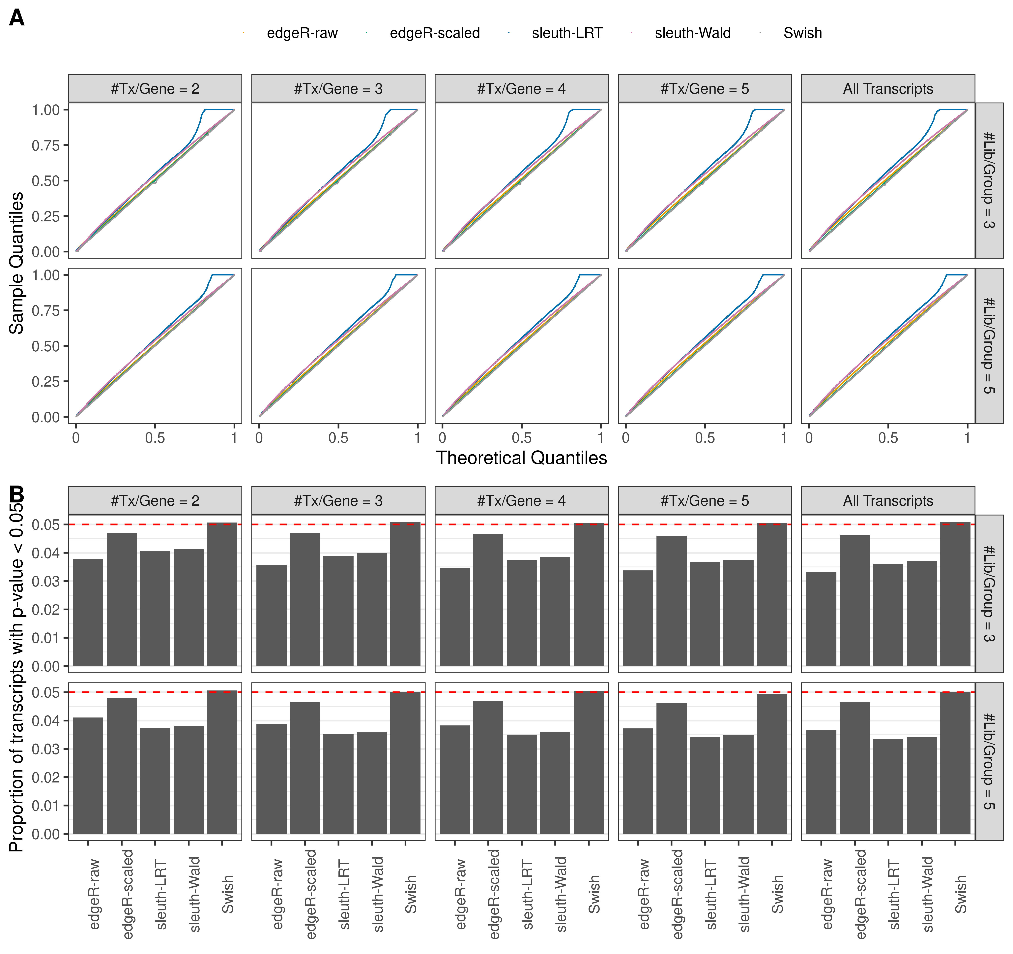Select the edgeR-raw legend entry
tap(302, 33)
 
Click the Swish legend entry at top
tap(802, 33)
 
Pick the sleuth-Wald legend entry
tap(692, 33)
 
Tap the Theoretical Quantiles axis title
tap(521, 458)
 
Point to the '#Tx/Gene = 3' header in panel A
tap(338, 89)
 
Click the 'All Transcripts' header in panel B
tap(888, 501)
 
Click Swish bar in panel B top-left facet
tap(222, 594)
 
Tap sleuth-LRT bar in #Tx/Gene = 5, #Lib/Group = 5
tap(705, 785)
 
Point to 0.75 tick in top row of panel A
tap(46, 145)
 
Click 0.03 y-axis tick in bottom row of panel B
tap(46, 749)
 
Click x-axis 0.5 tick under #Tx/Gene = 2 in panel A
tap(155, 437)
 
